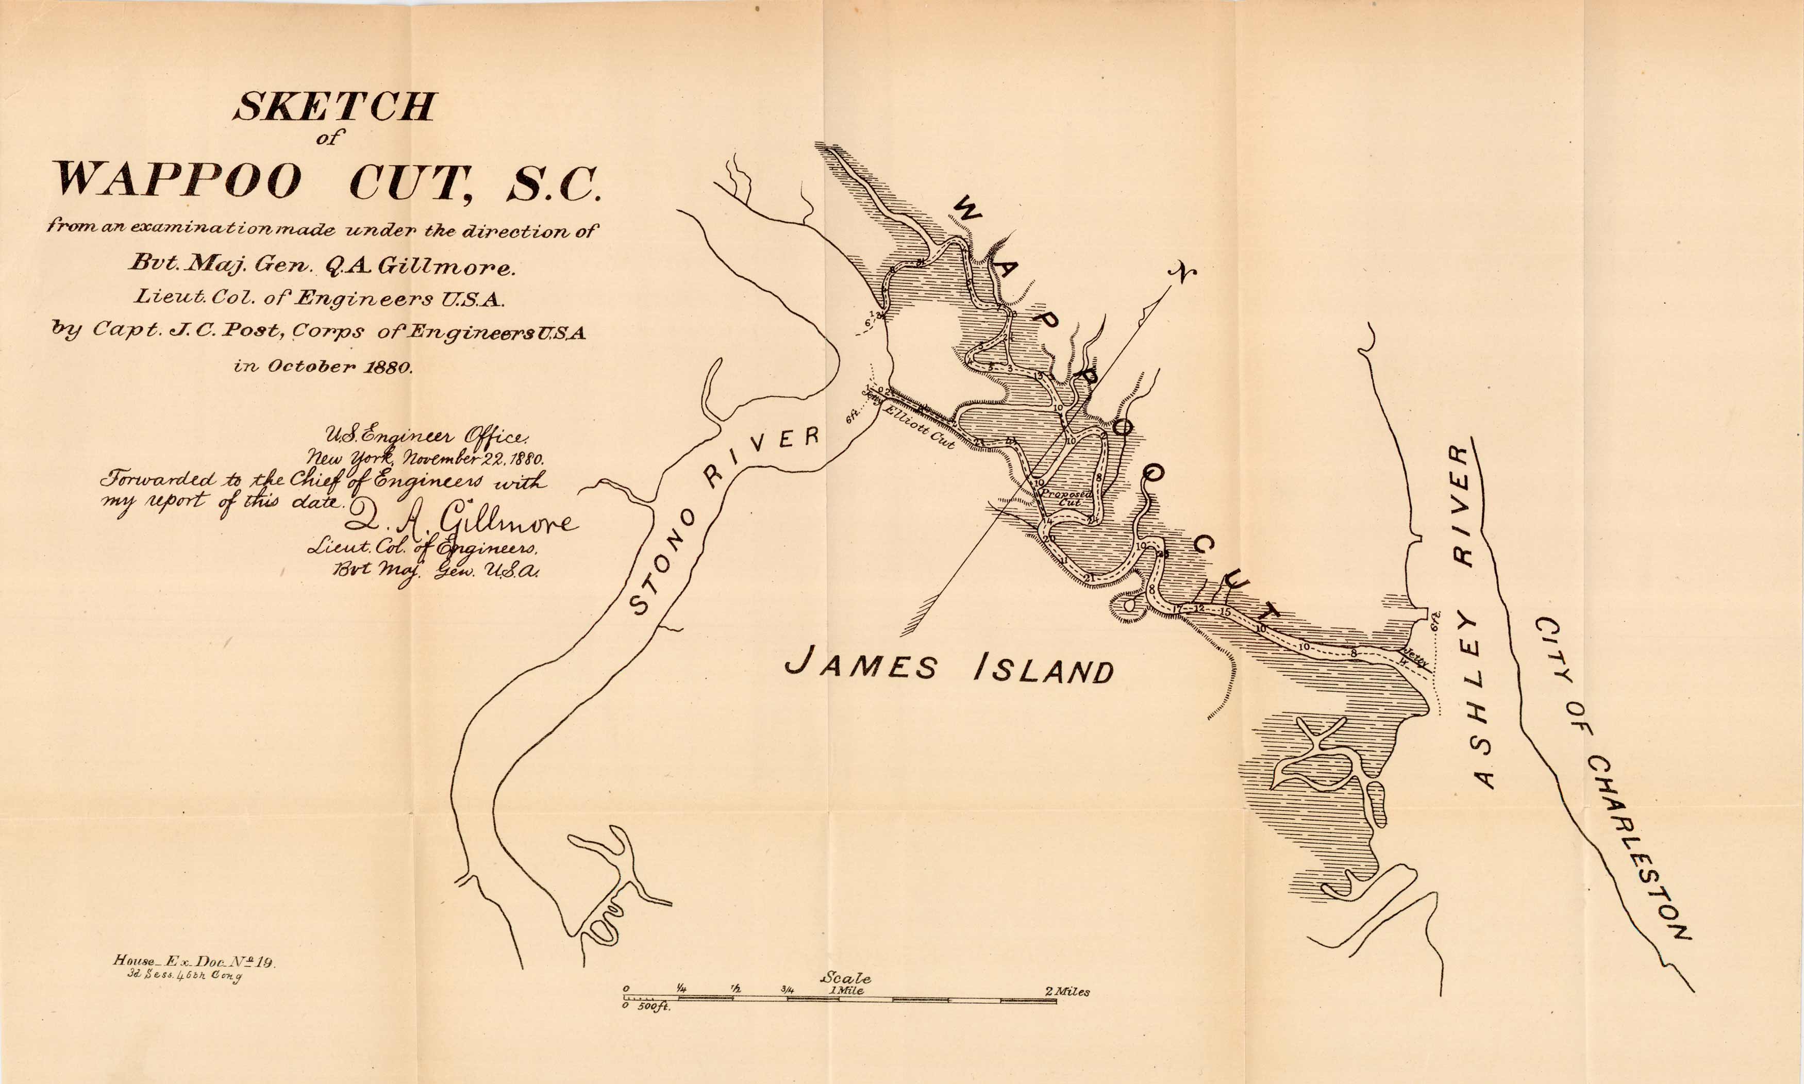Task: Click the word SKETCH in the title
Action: coord(335,107)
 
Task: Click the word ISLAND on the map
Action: coord(1044,669)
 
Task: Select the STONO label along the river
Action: coord(662,562)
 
